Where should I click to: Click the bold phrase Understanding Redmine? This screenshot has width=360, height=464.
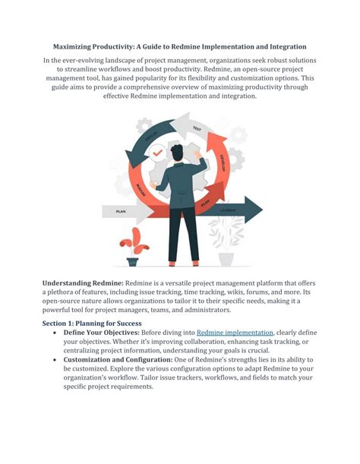tap(82, 283)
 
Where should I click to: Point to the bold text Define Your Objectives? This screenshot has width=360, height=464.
tap(105, 333)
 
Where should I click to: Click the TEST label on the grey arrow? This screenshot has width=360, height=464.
tap(197, 128)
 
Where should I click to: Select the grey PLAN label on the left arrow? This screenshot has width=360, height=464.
tap(119, 213)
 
